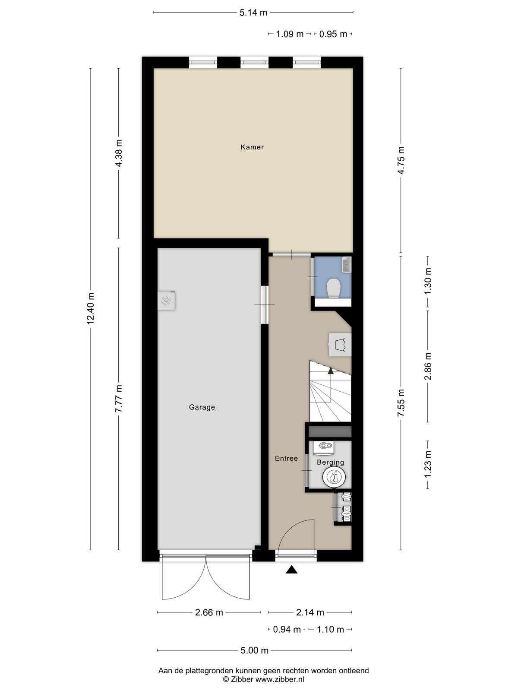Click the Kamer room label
click(x=252, y=147)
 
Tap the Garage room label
click(x=202, y=407)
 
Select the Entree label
click(x=286, y=458)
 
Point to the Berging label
click(x=330, y=463)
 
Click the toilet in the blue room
click(x=332, y=288)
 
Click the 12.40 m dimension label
click(x=91, y=308)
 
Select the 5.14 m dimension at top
click(x=253, y=13)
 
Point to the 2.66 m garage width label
click(x=209, y=612)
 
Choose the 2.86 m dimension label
click(x=428, y=366)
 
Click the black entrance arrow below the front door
click(x=291, y=570)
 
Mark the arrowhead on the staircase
click(x=331, y=371)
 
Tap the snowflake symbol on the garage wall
click(x=165, y=301)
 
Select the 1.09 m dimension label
click(x=290, y=34)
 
